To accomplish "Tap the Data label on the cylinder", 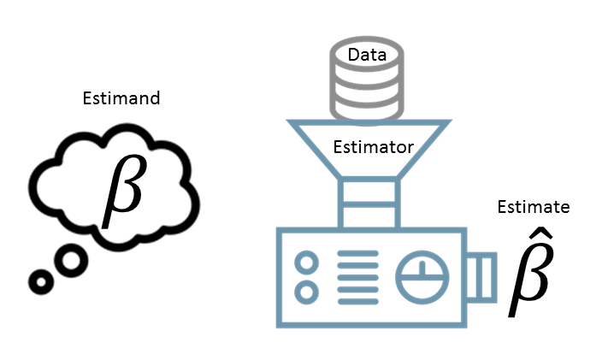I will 367,56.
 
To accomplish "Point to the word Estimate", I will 533,207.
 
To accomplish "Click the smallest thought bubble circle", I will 39,280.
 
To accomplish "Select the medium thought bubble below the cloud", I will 71,259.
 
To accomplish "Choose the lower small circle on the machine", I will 306,292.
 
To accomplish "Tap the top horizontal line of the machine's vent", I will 357,255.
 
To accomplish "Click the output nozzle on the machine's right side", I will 483,277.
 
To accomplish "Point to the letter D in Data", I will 352,56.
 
